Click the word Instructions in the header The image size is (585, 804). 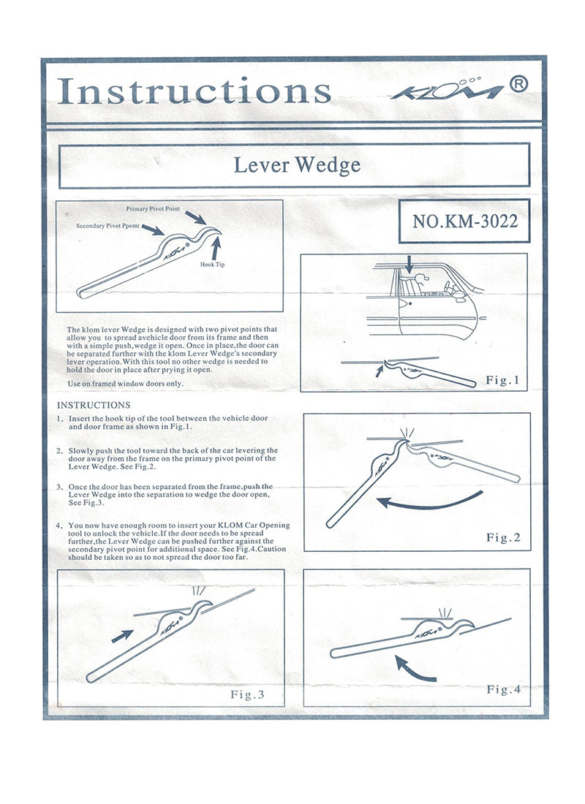point(194,91)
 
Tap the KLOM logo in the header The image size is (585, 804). point(446,91)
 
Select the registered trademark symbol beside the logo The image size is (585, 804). point(518,85)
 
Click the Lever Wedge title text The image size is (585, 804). point(297,165)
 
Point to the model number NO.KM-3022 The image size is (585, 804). point(465,221)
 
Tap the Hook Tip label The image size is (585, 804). point(212,265)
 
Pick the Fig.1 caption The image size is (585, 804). point(502,380)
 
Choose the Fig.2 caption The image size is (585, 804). point(503,538)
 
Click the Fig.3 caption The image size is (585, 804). point(247,694)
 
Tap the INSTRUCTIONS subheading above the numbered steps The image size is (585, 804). point(94,405)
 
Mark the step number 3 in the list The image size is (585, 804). point(59,487)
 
